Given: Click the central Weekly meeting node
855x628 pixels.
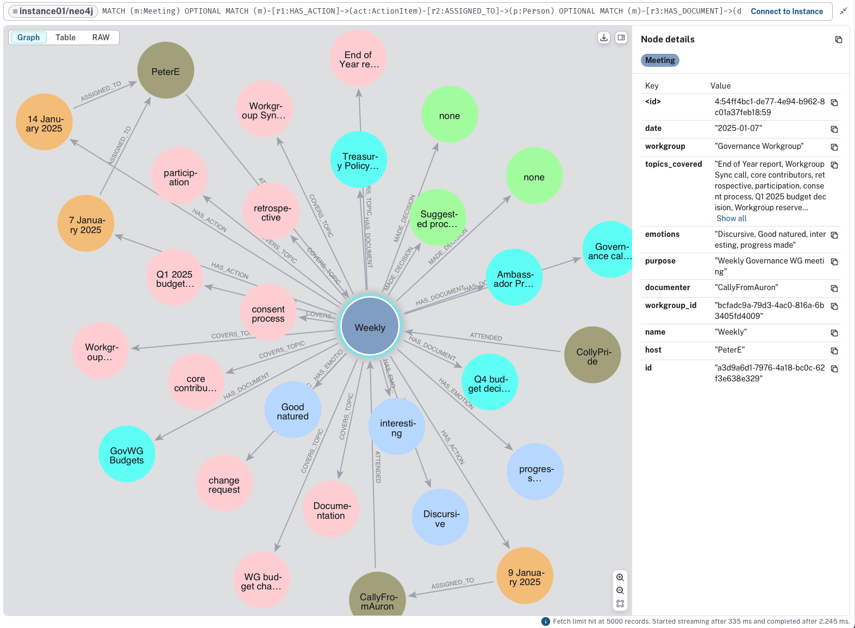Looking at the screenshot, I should click(370, 326).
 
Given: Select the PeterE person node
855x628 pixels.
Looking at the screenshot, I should click(165, 71).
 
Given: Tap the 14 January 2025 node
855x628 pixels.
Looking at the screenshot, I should click(45, 122).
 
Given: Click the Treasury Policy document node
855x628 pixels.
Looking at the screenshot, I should click(358, 160).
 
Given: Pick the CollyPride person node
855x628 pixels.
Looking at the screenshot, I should click(592, 355).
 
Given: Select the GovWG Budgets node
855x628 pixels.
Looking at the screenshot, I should click(127, 454).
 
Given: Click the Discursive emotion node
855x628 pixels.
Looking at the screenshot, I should click(440, 517).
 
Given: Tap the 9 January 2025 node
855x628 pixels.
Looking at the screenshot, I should click(525, 576).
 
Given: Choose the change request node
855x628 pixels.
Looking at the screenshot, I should click(224, 483).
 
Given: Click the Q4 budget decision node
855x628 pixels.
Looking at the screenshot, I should click(489, 382).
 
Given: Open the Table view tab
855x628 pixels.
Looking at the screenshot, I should click(65, 37).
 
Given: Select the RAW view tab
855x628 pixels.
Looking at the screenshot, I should click(101, 37).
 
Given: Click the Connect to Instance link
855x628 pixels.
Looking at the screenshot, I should click(787, 11).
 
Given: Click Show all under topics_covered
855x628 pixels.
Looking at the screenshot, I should click(731, 218).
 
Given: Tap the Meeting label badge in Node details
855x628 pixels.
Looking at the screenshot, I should click(660, 60).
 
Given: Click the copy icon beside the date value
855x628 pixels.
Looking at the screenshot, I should click(834, 129).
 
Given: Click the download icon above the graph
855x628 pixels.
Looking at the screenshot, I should click(603, 37).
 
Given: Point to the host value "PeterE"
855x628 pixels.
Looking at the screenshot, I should click(729, 350).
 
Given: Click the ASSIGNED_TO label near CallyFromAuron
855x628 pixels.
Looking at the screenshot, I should click(452, 583).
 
